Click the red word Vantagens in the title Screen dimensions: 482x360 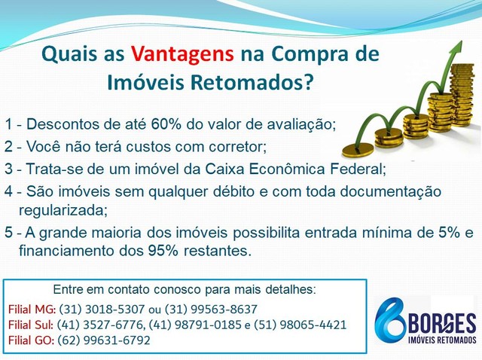(x=182, y=53)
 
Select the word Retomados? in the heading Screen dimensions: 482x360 (x=252, y=82)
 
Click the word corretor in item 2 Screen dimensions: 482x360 (x=237, y=147)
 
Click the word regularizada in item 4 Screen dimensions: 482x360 (x=63, y=211)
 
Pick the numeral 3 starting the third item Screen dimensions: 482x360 (x=8, y=169)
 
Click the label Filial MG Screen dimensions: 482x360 (x=32, y=310)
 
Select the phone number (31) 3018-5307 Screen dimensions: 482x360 (x=102, y=310)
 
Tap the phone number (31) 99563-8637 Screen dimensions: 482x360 (x=211, y=310)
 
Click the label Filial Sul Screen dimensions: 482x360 (x=31, y=325)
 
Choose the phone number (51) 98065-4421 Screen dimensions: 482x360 (x=300, y=325)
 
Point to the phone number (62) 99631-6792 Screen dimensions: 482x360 (x=104, y=340)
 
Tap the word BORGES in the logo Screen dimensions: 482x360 (x=442, y=323)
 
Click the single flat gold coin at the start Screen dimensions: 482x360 (x=358, y=151)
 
